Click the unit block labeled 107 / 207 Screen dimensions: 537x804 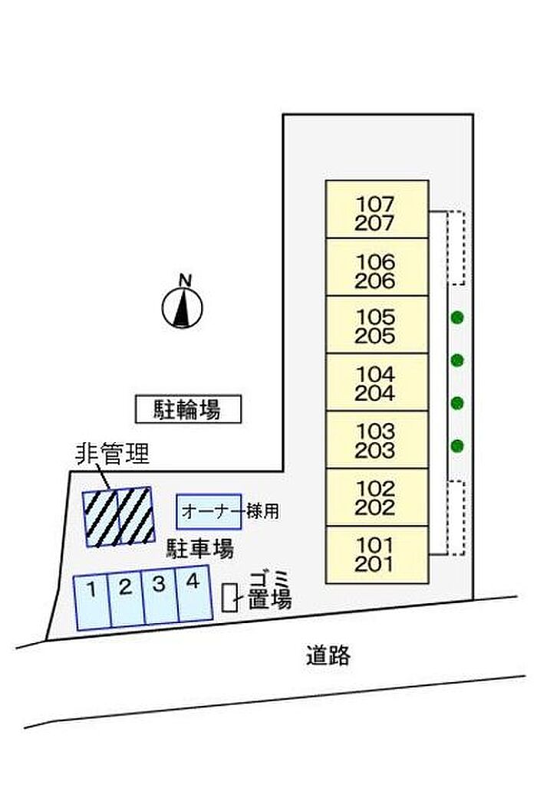click(x=377, y=209)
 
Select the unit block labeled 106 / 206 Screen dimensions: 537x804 click(x=377, y=267)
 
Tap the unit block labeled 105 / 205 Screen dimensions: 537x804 click(x=377, y=324)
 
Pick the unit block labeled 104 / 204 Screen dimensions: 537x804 click(x=377, y=382)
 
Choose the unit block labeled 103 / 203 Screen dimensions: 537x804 click(x=377, y=440)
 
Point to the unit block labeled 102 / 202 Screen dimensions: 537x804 click(x=377, y=497)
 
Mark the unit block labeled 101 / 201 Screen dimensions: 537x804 click(x=377, y=556)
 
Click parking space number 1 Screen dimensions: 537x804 click(x=92, y=602)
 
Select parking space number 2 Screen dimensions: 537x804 click(x=127, y=599)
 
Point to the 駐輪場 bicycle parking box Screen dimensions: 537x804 click(x=188, y=409)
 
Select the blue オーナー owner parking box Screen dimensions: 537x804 click(x=209, y=512)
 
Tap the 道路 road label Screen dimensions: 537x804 click(x=328, y=656)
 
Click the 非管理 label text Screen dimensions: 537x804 click(x=113, y=454)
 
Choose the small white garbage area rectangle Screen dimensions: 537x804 click(x=229, y=597)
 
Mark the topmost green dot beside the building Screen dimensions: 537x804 click(x=457, y=318)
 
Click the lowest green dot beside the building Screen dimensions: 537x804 click(x=457, y=445)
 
